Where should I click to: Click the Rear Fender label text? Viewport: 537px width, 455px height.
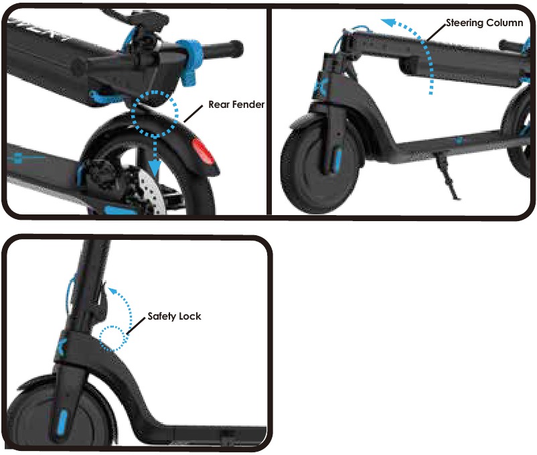click(236, 105)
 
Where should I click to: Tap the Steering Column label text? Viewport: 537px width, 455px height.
click(484, 23)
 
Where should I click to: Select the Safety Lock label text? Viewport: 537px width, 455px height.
click(174, 316)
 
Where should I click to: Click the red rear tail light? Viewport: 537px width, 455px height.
click(202, 150)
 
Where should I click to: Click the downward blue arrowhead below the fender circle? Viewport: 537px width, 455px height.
click(155, 169)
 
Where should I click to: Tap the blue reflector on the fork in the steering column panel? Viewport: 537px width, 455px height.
click(337, 159)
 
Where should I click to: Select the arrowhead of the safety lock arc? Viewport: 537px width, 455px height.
click(112, 292)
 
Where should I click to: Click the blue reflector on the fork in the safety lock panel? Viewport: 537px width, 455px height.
click(62, 422)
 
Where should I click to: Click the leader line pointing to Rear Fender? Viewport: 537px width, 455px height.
click(193, 114)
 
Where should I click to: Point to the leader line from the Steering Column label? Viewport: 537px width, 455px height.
click(436, 33)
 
